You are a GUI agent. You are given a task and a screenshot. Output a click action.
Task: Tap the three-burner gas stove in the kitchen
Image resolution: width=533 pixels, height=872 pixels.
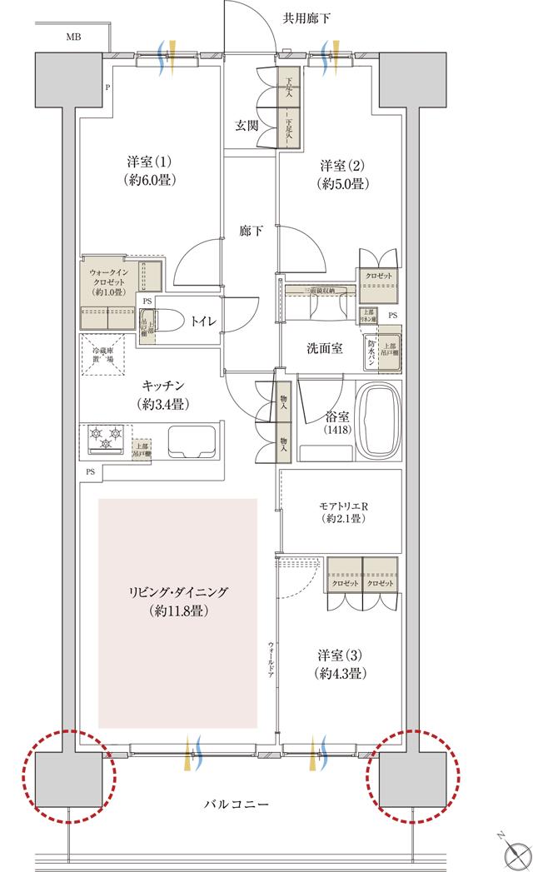[107, 438]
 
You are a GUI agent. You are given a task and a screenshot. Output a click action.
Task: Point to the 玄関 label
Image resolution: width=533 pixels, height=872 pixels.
[247, 126]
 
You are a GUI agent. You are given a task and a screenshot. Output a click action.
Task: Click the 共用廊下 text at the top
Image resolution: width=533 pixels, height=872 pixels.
[306, 16]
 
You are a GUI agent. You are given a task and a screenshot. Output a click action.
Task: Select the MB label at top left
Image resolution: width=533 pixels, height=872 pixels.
[73, 37]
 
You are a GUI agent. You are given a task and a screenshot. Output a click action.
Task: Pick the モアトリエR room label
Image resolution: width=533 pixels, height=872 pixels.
[342, 511]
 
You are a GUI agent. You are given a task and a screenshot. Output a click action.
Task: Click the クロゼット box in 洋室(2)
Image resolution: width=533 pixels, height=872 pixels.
[379, 277]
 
